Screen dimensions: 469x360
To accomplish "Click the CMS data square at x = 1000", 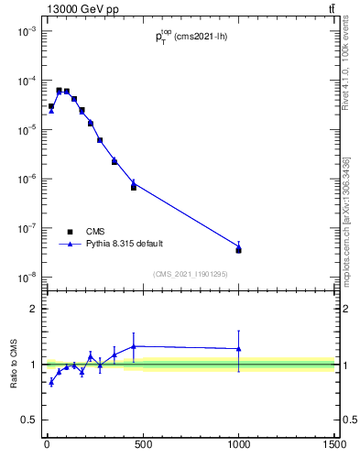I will [238, 250].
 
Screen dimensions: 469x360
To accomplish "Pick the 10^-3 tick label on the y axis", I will [27, 31].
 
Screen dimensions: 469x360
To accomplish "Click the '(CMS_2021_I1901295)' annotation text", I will [191, 273].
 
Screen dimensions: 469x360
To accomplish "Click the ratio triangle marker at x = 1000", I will [238, 349].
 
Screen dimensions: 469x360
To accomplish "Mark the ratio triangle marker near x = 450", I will [134, 346].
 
